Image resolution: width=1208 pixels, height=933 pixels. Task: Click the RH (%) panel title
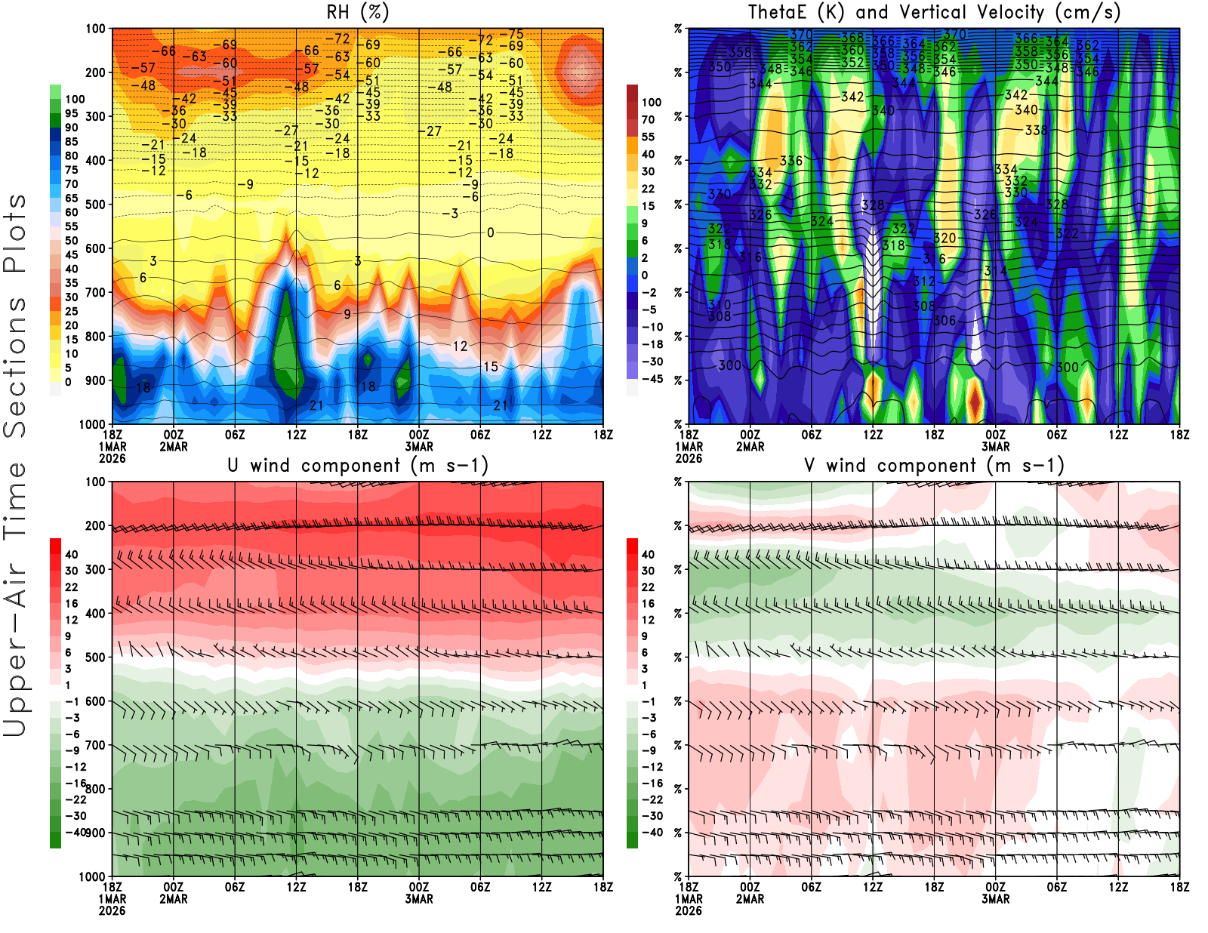click(358, 12)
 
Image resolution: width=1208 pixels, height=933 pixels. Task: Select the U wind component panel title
click(358, 465)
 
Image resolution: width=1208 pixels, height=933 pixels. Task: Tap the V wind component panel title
click(934, 465)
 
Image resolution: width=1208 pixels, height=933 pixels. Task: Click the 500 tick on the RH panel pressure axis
click(95, 205)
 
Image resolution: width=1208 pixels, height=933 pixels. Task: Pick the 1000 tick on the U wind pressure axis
click(92, 876)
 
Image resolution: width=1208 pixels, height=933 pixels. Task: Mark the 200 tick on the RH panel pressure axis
click(95, 73)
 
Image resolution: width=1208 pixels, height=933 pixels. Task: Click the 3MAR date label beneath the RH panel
click(419, 446)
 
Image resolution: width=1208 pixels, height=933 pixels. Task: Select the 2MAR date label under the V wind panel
click(750, 899)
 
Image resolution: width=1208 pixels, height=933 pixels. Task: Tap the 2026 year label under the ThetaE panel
click(689, 458)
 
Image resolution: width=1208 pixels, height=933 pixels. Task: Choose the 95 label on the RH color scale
click(71, 113)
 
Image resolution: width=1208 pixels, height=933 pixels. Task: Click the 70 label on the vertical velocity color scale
click(648, 119)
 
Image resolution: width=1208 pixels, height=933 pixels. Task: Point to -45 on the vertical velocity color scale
click(652, 379)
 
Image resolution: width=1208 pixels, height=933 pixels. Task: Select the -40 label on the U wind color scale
click(75, 832)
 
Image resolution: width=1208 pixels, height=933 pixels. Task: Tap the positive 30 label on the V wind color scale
click(648, 571)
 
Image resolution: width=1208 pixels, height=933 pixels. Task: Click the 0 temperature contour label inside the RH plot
click(490, 232)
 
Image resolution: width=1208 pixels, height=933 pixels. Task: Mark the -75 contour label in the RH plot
click(516, 34)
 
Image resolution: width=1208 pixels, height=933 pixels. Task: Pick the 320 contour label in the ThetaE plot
click(945, 238)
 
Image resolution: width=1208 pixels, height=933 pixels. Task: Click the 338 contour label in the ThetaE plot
click(1036, 131)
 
